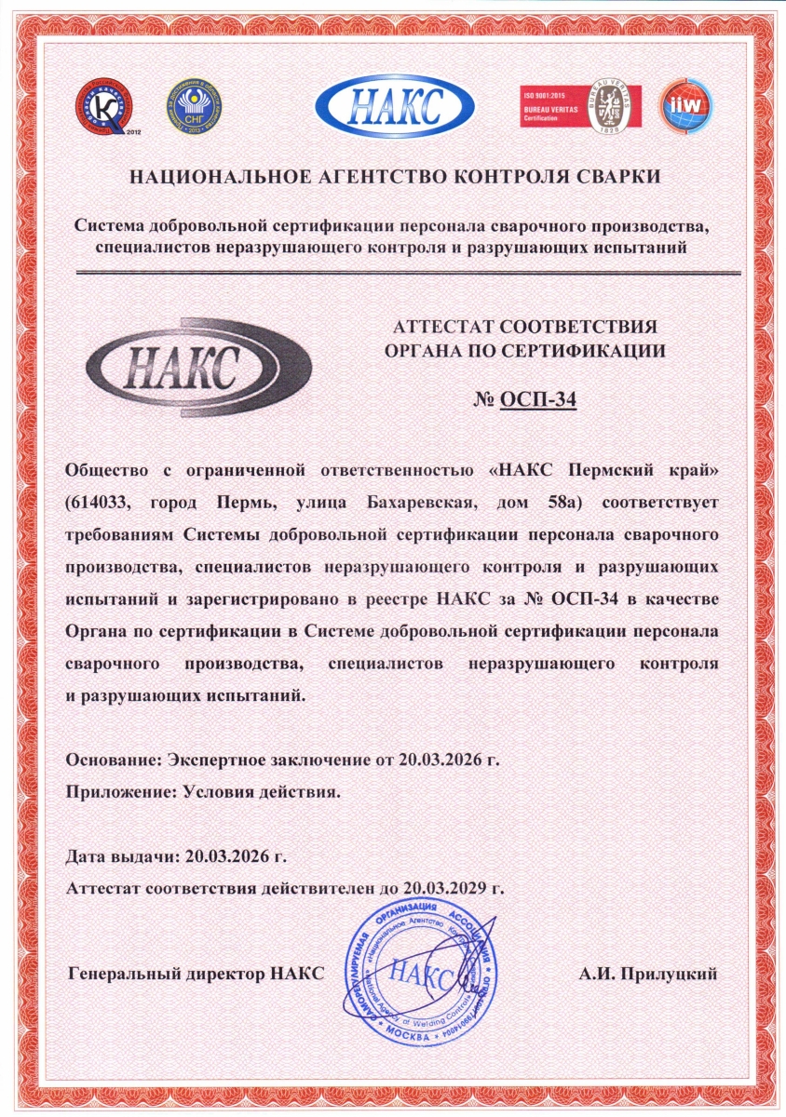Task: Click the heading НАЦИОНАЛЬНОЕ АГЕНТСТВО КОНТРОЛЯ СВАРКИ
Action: click(x=392, y=176)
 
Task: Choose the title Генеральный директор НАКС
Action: click(x=196, y=974)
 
